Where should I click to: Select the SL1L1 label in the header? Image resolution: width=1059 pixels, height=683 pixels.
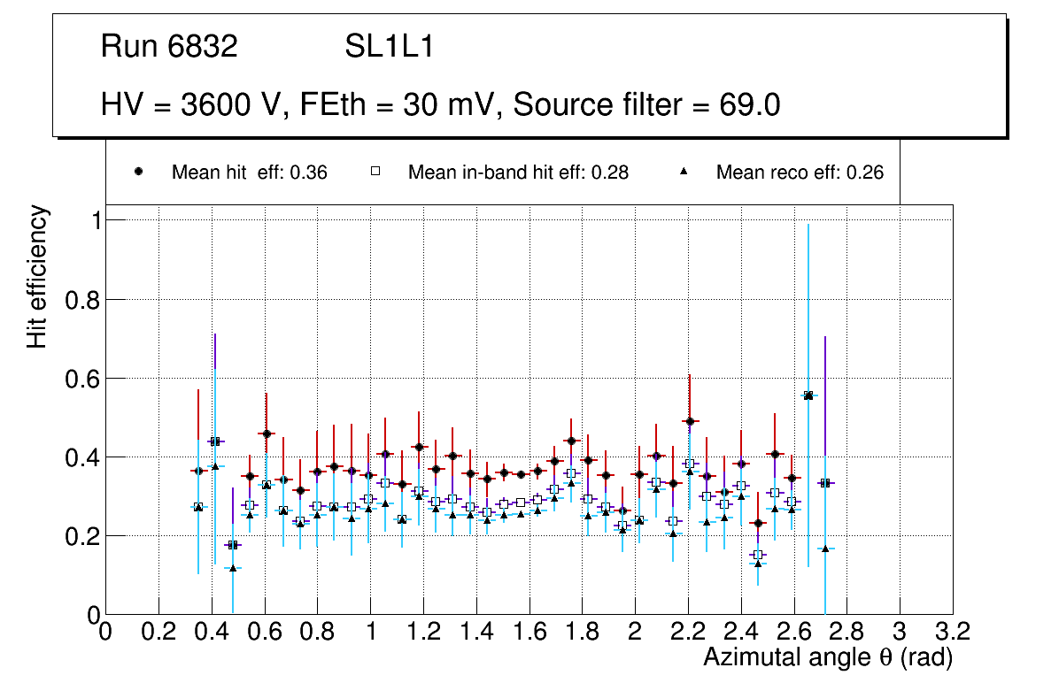(389, 47)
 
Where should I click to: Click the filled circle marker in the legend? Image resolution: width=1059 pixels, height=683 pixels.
(139, 173)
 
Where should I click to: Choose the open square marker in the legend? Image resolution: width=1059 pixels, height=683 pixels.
(375, 173)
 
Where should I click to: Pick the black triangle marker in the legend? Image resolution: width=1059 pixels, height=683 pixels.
(684, 173)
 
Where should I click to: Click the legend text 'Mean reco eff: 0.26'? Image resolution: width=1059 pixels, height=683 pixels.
(799, 173)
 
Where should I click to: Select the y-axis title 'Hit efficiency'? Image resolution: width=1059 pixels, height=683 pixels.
(37, 276)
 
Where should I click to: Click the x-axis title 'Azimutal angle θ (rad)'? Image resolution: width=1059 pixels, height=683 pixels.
(828, 657)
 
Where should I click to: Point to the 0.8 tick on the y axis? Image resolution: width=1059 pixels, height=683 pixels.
(82, 300)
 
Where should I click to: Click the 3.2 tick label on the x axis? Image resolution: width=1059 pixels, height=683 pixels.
(953, 631)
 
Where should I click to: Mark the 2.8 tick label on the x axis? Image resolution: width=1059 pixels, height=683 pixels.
(846, 631)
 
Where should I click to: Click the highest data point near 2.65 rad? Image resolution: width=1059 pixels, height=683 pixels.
(808, 395)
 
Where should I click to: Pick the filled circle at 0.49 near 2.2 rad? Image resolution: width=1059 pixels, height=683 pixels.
(690, 421)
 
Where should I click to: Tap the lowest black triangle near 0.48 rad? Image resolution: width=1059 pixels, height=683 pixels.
(233, 568)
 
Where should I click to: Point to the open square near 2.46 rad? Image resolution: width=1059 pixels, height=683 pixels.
(757, 555)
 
